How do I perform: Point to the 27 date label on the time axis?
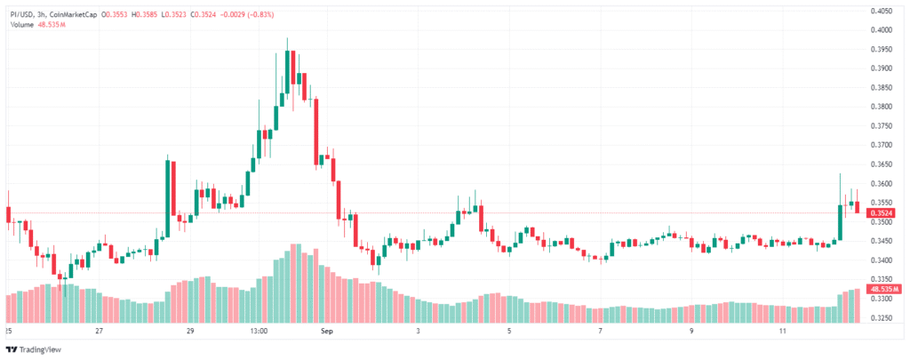(x=100, y=332)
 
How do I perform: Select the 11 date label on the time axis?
(x=783, y=332)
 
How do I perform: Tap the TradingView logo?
(x=35, y=349)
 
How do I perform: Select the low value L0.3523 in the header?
(x=174, y=13)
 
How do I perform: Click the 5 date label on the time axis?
(x=509, y=332)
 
